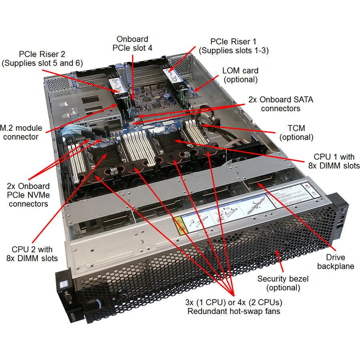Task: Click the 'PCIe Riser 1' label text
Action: [234, 46]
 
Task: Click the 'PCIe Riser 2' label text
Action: [34, 58]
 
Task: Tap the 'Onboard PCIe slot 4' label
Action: [132, 44]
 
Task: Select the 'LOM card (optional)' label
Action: [240, 75]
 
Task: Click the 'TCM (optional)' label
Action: [296, 133]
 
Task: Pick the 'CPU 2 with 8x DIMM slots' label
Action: [32, 254]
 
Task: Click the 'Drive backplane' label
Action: [335, 262]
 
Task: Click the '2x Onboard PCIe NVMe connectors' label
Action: [28, 195]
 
